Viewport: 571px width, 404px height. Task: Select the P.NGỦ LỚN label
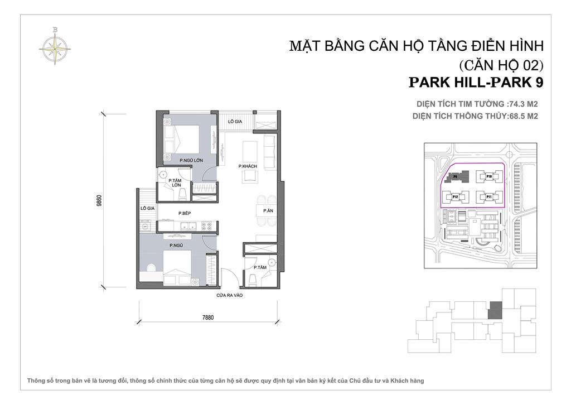tap(190, 161)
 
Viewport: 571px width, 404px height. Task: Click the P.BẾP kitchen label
tap(185, 213)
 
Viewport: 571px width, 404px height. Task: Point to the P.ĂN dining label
tap(268, 210)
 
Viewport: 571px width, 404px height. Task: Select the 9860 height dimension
tap(99, 200)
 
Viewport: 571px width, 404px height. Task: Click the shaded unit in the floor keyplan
tap(495, 310)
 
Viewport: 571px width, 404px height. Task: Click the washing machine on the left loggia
tap(146, 226)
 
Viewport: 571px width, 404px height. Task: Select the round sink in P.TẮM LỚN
tap(163, 173)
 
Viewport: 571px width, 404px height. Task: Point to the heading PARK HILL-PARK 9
tap(476, 82)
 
